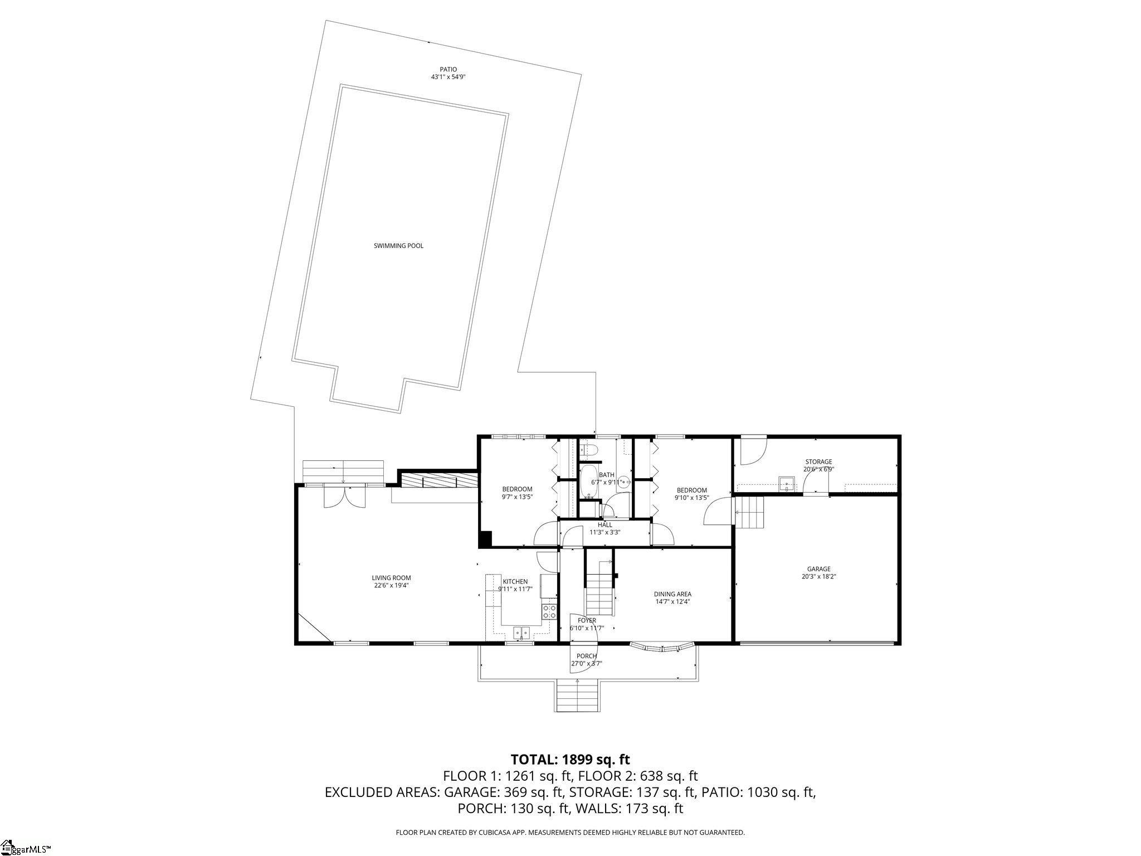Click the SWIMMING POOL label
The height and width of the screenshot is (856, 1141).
coord(398,246)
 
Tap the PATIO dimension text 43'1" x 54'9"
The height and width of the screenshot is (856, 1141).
coord(448,77)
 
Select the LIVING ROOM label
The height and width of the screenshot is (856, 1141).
coord(391,578)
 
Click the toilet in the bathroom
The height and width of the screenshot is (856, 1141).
coord(589,450)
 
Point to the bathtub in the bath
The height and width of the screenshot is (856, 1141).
coord(588,484)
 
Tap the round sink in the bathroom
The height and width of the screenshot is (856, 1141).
coord(623,482)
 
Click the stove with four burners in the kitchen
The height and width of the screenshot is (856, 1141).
coord(549,611)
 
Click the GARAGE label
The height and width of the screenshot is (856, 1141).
coord(818,569)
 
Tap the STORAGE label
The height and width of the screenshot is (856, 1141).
coord(818,461)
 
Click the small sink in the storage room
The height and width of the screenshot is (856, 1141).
coord(787,483)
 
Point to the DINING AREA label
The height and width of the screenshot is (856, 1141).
coord(672,594)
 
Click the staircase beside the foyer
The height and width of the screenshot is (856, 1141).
coord(599,591)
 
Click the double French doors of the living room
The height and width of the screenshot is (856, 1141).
coord(346,495)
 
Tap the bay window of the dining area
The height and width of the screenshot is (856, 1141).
coord(662,648)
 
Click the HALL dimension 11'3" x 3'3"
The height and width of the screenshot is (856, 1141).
coord(605,532)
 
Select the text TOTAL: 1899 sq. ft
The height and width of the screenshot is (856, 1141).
coord(570,759)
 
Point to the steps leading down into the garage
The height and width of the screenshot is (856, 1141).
coord(749,513)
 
